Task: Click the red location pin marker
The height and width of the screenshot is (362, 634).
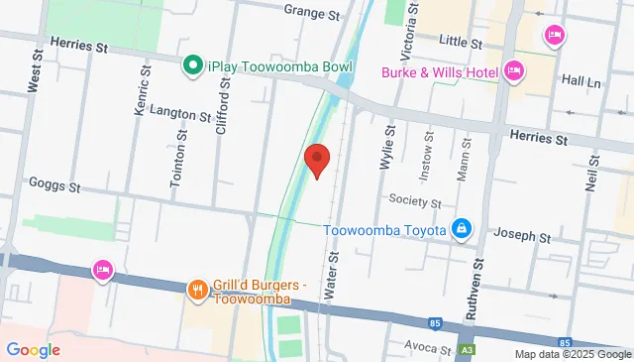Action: tap(316, 160)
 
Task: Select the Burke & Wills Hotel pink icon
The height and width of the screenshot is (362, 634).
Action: tap(513, 70)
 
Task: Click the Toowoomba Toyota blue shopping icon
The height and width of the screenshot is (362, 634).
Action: tap(461, 229)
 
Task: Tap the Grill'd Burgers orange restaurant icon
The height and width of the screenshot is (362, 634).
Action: tap(197, 291)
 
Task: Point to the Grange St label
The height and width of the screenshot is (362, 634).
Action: tap(311, 11)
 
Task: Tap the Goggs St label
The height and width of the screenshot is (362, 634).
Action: tap(54, 185)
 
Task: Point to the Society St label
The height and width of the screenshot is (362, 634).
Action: tap(414, 202)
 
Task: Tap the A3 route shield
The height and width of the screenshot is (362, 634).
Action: tap(467, 352)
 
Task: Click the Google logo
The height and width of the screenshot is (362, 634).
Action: tap(33, 350)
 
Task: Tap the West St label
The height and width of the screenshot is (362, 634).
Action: tap(35, 71)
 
